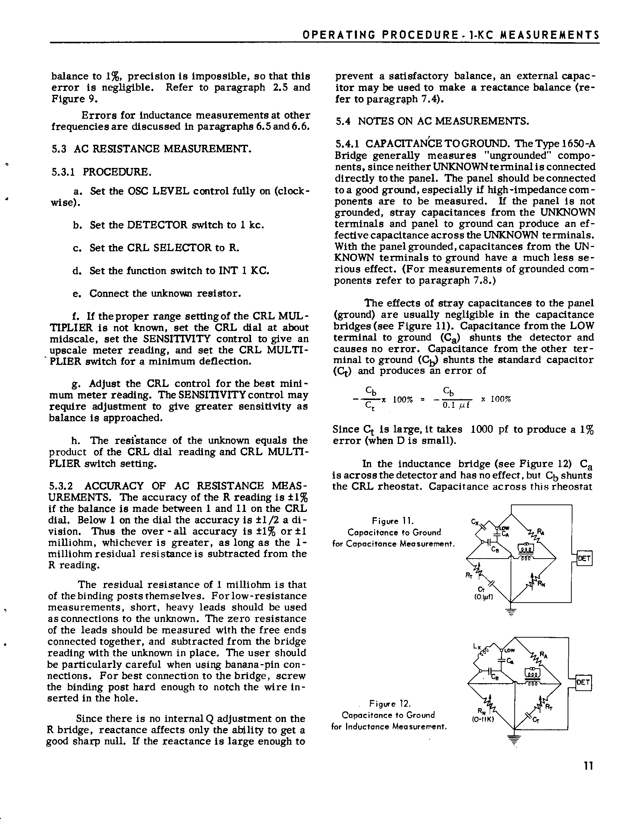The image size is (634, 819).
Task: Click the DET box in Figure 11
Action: pyautogui.click(x=584, y=559)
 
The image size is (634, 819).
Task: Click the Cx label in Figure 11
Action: pyautogui.click(x=474, y=522)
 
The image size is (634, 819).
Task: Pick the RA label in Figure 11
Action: pyautogui.click(x=541, y=531)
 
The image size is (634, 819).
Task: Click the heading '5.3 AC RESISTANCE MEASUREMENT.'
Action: pyautogui.click(x=151, y=149)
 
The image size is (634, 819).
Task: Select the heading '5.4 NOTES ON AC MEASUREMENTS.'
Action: pyautogui.click(x=432, y=121)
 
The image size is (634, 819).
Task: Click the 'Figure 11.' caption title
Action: pyautogui.click(x=393, y=521)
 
